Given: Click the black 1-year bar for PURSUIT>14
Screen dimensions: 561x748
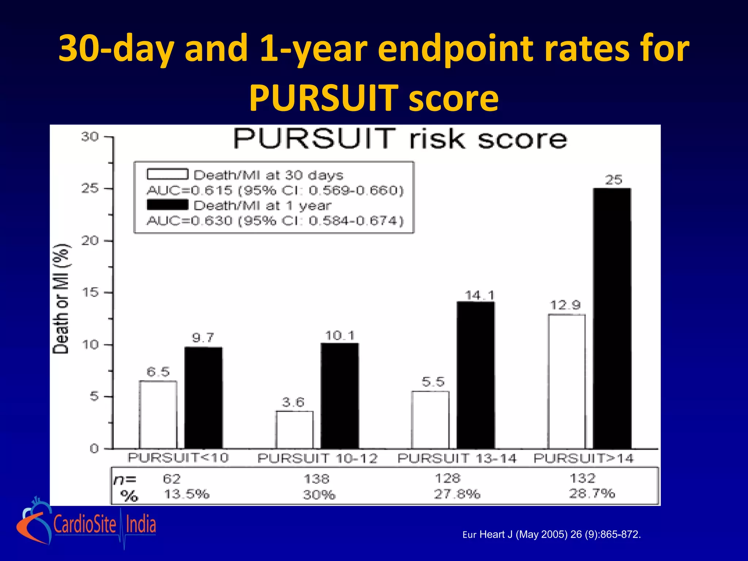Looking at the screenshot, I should [612, 318].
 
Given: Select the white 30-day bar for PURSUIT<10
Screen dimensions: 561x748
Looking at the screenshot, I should [158, 415].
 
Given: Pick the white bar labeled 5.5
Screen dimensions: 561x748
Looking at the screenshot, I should [430, 420].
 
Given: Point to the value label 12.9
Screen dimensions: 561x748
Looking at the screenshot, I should [565, 305].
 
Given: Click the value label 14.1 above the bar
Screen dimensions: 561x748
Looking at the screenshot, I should [480, 295].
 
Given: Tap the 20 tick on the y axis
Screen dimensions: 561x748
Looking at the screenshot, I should [90, 241].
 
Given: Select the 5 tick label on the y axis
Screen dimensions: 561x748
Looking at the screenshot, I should [94, 396].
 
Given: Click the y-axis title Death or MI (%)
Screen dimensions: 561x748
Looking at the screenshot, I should [61, 298].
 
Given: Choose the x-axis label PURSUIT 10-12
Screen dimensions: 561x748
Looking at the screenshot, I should [317, 458].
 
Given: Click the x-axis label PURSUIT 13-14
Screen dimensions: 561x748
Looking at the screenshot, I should [457, 458].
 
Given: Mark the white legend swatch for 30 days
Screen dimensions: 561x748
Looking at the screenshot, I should [168, 174].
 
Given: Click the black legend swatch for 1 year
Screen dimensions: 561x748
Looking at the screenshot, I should [168, 205].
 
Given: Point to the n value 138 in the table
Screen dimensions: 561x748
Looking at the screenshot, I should [317, 478].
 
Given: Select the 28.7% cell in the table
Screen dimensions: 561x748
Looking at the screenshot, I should [592, 493].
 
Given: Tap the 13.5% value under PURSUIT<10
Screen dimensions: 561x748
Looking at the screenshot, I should [187, 494].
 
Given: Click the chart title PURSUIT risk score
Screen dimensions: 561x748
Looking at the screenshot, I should [400, 139].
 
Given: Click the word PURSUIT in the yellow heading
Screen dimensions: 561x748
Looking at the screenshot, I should [324, 98].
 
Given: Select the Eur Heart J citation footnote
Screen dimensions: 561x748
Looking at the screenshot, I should [552, 535].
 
